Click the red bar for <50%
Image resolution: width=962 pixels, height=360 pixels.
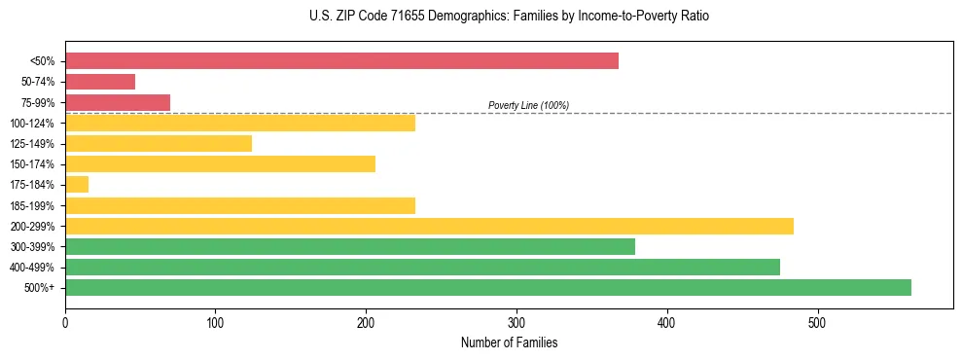click(341, 61)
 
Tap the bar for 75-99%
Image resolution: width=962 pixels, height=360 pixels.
click(118, 102)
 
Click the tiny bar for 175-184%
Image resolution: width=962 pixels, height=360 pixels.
click(77, 185)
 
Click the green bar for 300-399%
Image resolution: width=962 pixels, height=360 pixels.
click(350, 246)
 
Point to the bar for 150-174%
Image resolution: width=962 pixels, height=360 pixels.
click(220, 163)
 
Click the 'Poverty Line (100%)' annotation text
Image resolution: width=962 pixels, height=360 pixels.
click(528, 105)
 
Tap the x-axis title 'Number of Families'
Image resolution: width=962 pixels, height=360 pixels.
click(509, 342)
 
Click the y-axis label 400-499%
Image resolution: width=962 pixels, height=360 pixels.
click(32, 268)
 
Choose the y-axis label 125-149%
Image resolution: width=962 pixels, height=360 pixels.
click(32, 144)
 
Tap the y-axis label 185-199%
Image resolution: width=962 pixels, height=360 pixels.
click(32, 205)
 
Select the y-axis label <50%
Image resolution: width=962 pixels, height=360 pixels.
click(43, 61)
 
